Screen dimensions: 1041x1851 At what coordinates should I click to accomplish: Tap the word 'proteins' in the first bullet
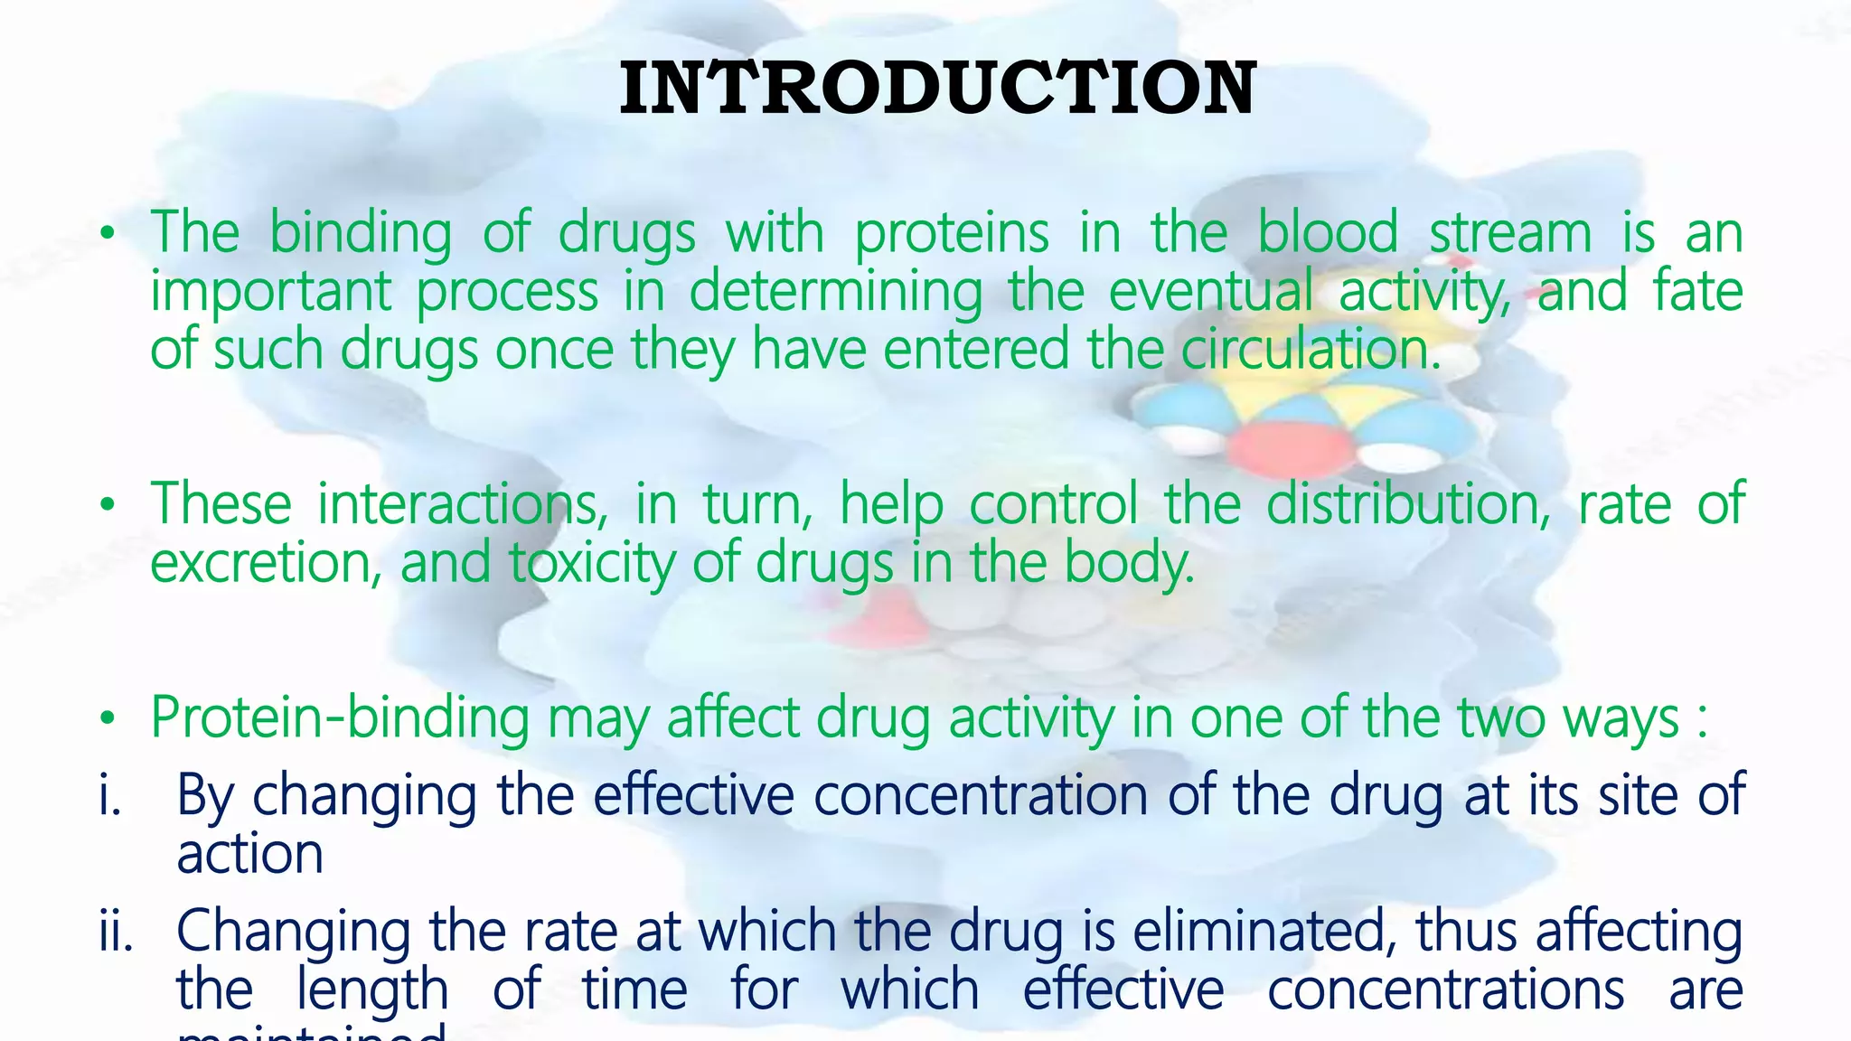(x=952, y=233)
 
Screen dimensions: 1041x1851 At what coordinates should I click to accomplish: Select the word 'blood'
(x=1328, y=233)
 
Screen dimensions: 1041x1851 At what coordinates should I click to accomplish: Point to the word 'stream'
(x=1510, y=233)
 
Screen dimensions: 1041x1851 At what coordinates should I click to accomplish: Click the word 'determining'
(x=836, y=292)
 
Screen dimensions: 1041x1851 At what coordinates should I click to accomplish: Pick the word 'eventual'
(x=1210, y=292)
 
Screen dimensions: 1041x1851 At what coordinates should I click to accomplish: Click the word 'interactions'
(x=462, y=504)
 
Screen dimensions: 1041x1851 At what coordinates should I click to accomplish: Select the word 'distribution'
(x=1407, y=504)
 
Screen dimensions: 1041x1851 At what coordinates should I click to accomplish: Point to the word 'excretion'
(x=260, y=563)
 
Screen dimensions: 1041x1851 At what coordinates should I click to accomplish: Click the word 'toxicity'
(x=592, y=563)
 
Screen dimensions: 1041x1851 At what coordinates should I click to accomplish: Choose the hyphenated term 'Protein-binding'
(x=340, y=718)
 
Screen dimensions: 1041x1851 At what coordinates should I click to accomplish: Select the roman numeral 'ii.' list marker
(x=116, y=931)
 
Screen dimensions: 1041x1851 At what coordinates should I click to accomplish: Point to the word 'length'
(x=372, y=989)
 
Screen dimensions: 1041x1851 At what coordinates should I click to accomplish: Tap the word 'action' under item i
(x=250, y=854)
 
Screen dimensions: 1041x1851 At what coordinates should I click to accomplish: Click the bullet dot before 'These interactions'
(x=108, y=506)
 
